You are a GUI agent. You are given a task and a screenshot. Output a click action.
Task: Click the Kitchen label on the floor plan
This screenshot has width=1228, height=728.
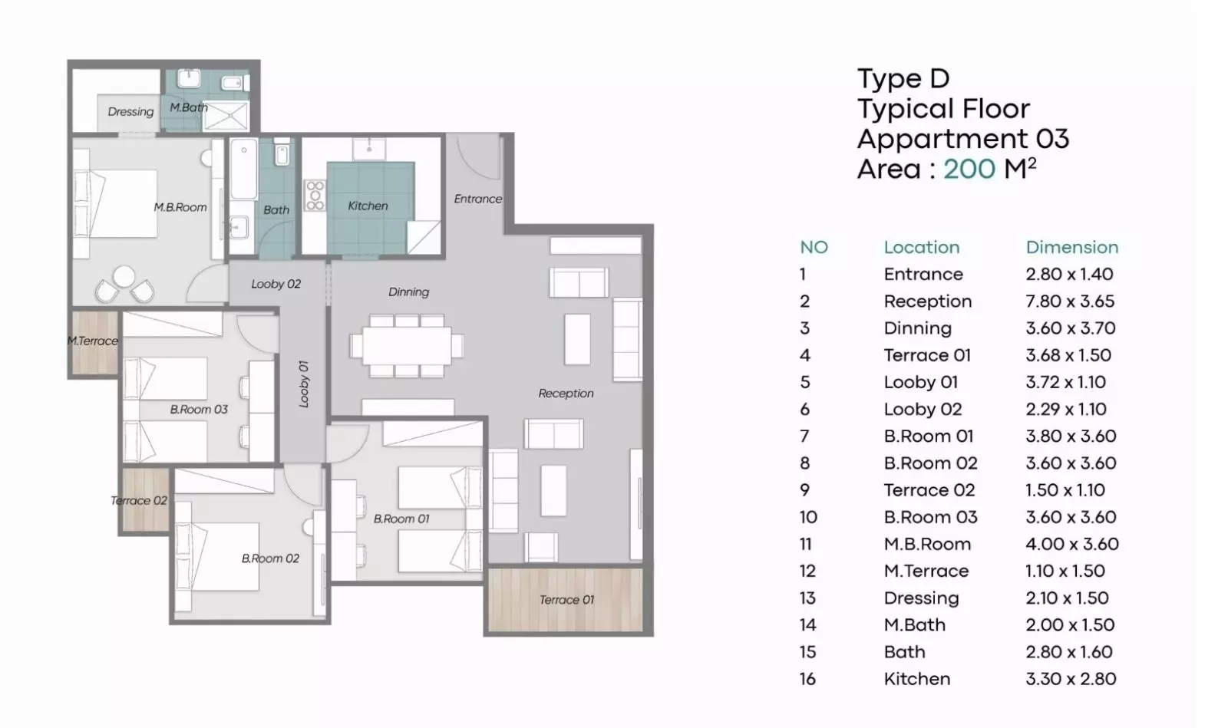368,206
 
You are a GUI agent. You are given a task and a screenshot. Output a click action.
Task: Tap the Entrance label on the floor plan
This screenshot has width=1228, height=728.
477,199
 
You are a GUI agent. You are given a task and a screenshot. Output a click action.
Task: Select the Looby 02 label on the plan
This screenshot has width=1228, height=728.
276,284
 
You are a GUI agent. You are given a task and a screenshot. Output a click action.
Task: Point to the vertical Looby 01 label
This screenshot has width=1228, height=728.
303,384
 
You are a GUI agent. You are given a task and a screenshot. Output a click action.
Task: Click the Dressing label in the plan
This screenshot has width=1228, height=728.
130,112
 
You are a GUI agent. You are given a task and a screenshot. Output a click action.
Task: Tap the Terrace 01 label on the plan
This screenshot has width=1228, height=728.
566,600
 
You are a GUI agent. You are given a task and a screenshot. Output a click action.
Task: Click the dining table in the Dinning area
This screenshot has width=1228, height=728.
408,345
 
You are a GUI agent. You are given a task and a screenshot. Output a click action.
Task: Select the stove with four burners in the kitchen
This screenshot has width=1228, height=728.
315,195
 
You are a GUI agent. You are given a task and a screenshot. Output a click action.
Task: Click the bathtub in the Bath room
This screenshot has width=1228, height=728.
243,169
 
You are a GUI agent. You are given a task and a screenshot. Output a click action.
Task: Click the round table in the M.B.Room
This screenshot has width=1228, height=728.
124,276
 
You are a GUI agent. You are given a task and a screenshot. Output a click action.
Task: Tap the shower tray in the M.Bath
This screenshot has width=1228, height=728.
226,116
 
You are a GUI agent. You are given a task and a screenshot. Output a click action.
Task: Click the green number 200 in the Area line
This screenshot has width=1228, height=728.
969,169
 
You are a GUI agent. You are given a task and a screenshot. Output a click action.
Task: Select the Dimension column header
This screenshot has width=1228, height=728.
1071,247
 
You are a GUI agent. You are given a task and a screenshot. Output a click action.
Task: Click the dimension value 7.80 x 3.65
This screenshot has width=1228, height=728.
1070,301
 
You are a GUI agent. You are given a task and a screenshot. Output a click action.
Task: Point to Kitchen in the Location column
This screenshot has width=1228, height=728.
917,679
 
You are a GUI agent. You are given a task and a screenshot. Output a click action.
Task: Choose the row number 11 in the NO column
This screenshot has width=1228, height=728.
805,544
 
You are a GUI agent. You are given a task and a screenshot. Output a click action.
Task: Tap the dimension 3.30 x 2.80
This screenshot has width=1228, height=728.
1071,679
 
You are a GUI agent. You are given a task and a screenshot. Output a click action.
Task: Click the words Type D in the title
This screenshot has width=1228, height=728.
903,78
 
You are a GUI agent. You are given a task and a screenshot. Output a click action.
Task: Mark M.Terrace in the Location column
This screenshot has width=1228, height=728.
926,571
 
